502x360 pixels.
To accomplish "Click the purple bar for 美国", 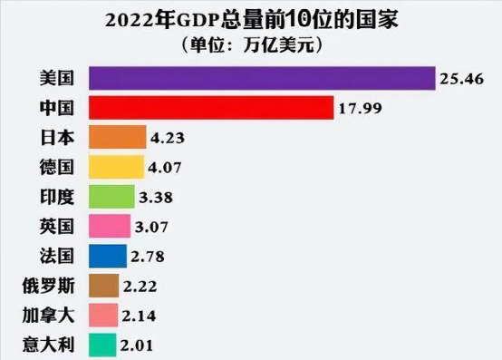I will tap(261, 79).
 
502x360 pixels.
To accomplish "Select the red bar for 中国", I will tap(210, 109).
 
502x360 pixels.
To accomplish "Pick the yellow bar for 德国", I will tap(116, 168).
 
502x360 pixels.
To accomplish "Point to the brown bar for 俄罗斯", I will tap(103, 286).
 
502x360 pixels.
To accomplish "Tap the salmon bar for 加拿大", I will tap(103, 316).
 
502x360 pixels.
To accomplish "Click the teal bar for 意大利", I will tap(101, 345).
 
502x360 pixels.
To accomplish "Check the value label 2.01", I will tap(138, 345).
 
